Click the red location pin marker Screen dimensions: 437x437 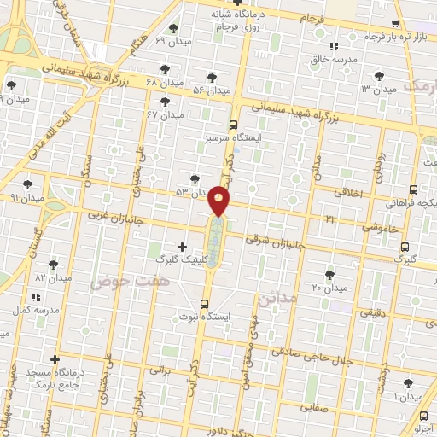coord(219,201)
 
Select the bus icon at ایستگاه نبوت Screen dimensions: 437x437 coord(204,303)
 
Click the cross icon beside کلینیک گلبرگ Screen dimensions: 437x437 coord(182,248)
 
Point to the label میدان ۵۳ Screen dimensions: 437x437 coord(192,193)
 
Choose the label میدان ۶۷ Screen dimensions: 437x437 coord(166,114)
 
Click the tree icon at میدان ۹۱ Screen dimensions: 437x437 coord(28,184)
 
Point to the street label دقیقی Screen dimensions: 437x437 coord(372,313)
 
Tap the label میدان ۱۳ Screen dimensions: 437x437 coord(379,89)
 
